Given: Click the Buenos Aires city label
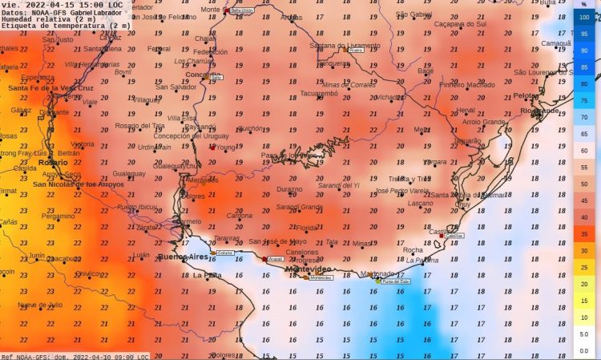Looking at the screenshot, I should coord(183,257).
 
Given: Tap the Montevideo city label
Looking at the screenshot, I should coord(309,269).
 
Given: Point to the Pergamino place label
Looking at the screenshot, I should coord(58,216).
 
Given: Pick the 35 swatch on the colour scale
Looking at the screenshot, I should coord(584,233).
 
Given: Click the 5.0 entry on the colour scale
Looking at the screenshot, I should coord(584,334).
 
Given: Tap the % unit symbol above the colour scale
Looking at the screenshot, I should coord(584,4).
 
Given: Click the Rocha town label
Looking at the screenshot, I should coord(413,250).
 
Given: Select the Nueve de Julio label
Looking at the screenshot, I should coord(40,305).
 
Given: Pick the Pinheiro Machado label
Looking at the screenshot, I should coord(467,84).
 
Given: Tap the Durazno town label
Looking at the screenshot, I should coord(289,189).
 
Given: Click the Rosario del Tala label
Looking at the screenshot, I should coord(140,125).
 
